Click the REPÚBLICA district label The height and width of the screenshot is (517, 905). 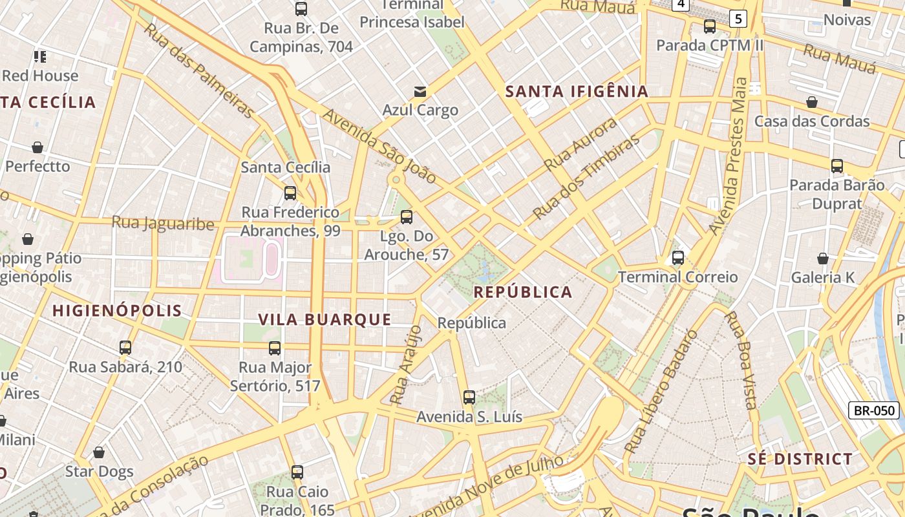click(523, 292)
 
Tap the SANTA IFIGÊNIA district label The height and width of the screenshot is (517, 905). click(577, 91)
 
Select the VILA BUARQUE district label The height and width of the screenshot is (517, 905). click(325, 319)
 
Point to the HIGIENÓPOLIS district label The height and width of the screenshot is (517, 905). click(117, 311)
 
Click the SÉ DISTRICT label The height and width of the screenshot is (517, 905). click(800, 459)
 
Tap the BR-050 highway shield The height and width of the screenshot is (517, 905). click(874, 410)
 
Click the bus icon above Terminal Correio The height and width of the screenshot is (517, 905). click(677, 258)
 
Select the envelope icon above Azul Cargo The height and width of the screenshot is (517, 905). click(420, 91)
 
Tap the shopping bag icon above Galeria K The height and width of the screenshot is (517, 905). click(822, 258)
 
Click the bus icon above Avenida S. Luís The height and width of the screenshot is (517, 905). click(469, 397)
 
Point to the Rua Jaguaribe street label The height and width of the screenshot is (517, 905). click(163, 224)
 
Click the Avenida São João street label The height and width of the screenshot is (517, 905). click(379, 147)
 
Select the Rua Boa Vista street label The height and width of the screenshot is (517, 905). click(741, 360)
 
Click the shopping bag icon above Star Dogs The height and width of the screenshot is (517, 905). click(99, 452)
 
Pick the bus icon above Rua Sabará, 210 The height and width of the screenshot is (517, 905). click(125, 348)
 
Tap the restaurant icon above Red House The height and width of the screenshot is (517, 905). click(40, 57)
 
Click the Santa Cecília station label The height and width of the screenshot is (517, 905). click(285, 167)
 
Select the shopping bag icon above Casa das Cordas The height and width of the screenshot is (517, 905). click(812, 102)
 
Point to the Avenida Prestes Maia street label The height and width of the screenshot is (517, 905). click(729, 156)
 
